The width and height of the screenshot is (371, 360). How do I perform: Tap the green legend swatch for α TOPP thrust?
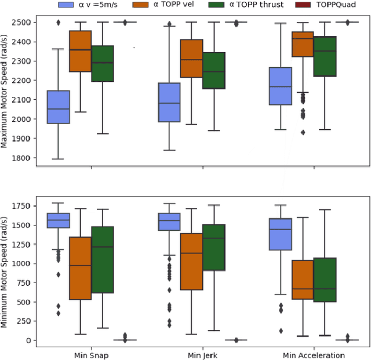coord(221,5)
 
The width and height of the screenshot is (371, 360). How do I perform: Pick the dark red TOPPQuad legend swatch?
coord(301,5)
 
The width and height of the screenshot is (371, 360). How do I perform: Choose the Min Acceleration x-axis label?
coord(314,355)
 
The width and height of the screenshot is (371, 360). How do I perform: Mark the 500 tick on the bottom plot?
coord(26,302)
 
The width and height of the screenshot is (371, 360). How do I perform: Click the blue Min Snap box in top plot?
coord(58,107)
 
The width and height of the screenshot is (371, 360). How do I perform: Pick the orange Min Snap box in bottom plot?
coord(80,268)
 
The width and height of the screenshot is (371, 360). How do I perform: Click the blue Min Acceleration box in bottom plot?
coord(281,234)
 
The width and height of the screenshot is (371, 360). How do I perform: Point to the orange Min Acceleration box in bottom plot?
coord(302,279)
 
